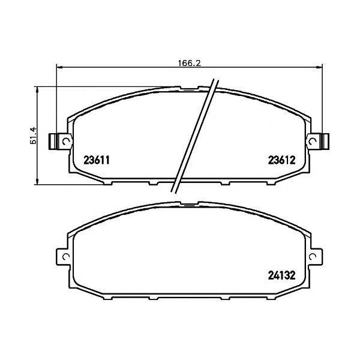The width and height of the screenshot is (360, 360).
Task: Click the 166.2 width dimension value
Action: coord(190,63)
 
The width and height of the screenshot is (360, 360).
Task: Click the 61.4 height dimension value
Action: coord(33,135)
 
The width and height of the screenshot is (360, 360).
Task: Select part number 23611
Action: coord(97,160)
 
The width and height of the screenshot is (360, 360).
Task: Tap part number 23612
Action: coord(282,160)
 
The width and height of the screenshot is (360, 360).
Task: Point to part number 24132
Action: coord(282,275)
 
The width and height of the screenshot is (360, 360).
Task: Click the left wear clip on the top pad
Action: coord(53,142)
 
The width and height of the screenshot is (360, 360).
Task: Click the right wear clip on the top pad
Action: coord(326,142)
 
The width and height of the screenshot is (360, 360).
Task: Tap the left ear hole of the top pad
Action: coord(66,142)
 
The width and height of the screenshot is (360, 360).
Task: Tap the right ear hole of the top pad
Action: coord(313,142)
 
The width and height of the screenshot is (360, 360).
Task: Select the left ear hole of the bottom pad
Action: coord(66,256)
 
